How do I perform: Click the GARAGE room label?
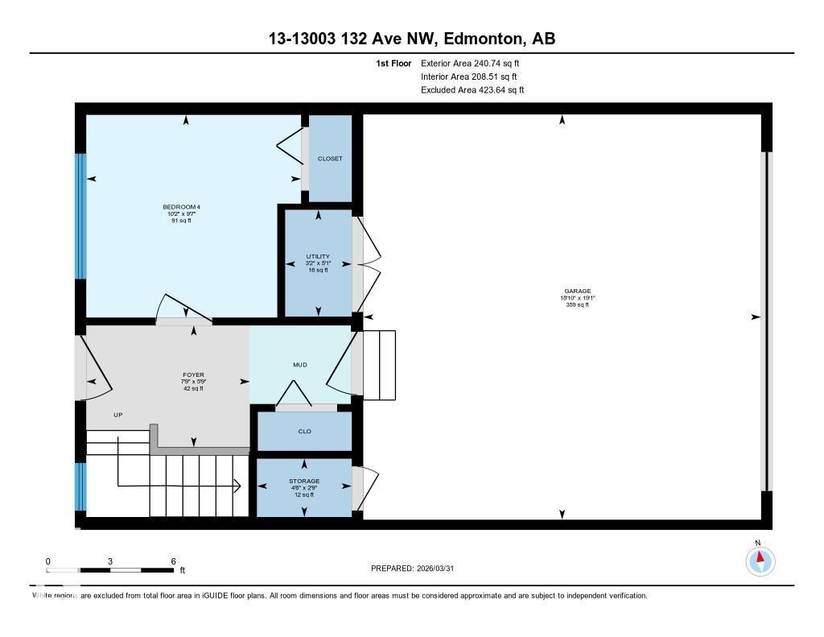[577, 292]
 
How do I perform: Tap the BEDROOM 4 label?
[180, 208]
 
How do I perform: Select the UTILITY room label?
[318, 257]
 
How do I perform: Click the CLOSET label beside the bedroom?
[330, 159]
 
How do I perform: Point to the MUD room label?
[300, 365]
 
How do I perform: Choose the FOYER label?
[193, 375]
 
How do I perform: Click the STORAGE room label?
[304, 482]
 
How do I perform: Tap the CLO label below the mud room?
[304, 432]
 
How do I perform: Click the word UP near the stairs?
[117, 415]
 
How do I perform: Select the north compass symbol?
[760, 560]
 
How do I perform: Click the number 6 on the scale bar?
[173, 561]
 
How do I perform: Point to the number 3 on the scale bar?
[110, 561]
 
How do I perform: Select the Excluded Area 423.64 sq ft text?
[472, 90]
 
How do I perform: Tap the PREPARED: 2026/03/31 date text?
[418, 569]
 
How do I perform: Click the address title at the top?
[411, 39]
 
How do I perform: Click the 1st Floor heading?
[393, 63]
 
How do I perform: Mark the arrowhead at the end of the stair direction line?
[238, 486]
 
